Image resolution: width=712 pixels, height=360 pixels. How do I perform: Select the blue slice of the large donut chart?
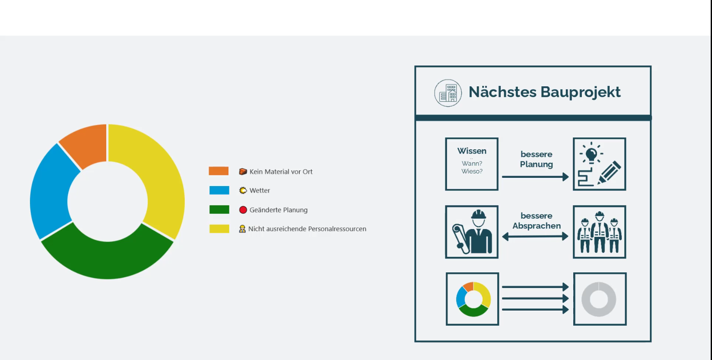tap(51, 191)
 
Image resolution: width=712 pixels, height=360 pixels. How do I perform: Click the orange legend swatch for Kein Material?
tap(219, 171)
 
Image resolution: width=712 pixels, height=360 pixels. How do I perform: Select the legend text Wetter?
tap(260, 190)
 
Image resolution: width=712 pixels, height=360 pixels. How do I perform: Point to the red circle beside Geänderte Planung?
tap(243, 210)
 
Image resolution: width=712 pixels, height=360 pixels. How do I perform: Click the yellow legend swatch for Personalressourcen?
tap(219, 229)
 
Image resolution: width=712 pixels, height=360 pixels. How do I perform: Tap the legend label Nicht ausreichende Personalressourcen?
tap(307, 229)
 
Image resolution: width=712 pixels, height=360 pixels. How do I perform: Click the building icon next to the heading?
tap(448, 93)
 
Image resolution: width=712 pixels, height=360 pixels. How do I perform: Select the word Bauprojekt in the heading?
tap(581, 92)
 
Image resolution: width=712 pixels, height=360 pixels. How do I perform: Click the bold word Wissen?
tap(472, 151)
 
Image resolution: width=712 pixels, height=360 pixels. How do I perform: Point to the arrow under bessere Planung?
tap(535, 177)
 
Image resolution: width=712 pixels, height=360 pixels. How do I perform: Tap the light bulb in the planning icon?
tap(591, 154)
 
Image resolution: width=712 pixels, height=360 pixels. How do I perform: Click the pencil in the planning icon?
tap(609, 172)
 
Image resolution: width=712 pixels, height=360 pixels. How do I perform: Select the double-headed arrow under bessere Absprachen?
tap(535, 236)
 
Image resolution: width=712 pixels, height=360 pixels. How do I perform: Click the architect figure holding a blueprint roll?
tap(473, 232)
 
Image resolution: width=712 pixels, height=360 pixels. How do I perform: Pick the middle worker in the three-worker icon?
tap(600, 232)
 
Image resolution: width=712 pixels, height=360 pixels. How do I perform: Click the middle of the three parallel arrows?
tap(535, 298)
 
